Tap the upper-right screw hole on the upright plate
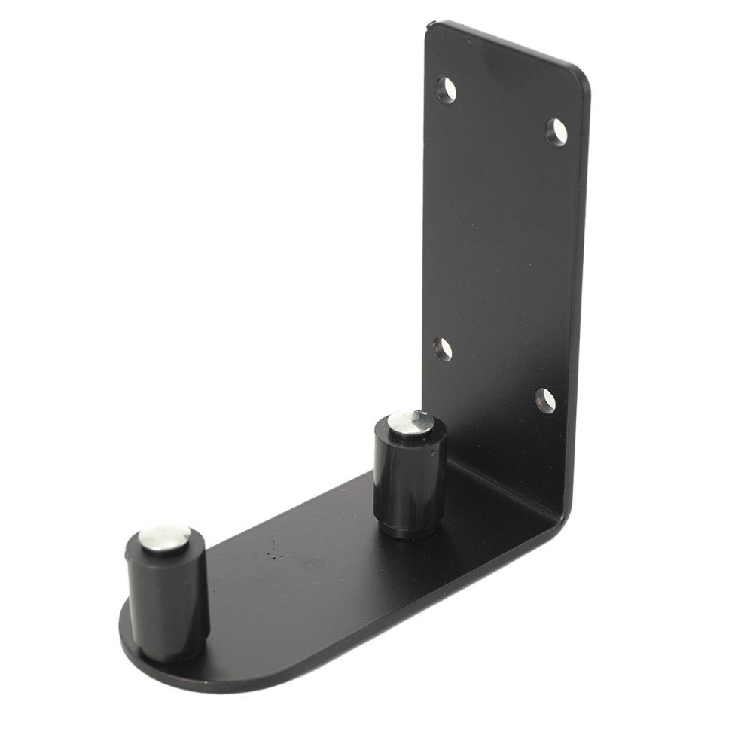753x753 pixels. click(556, 132)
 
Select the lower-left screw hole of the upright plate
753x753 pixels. click(443, 349)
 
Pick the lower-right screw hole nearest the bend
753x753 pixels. click(545, 399)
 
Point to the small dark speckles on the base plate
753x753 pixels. click(275, 556)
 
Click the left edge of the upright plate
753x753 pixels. click(425, 226)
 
